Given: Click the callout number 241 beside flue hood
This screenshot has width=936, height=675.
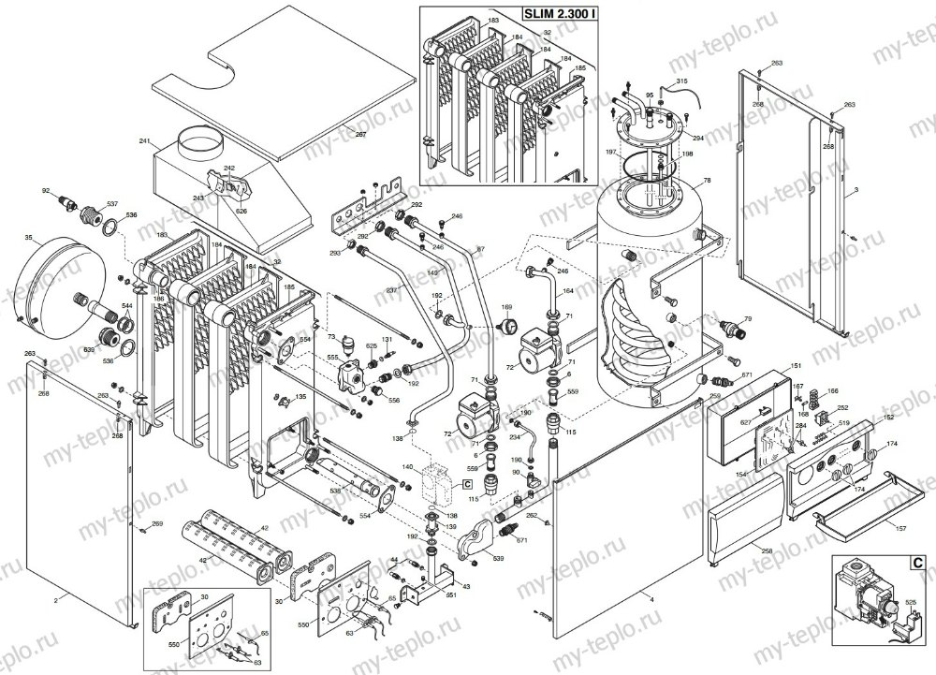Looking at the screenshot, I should pyautogui.click(x=144, y=141).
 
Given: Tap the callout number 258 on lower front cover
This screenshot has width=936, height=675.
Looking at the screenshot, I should pyautogui.click(x=767, y=552).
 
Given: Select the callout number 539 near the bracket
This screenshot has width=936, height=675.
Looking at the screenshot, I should pyautogui.click(x=498, y=560).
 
